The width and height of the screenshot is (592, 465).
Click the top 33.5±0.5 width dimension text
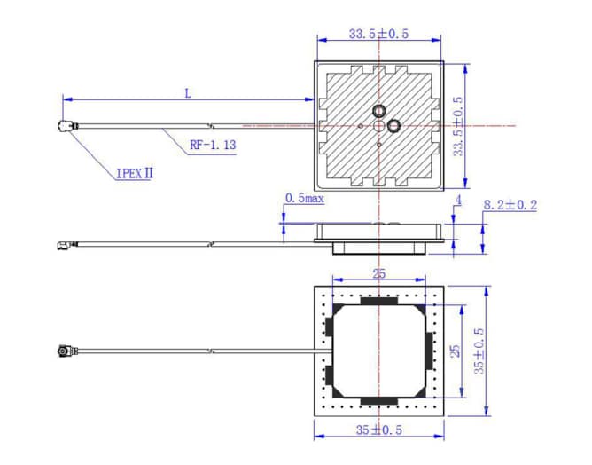(x=378, y=35)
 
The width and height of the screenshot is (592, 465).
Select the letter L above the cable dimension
(x=187, y=92)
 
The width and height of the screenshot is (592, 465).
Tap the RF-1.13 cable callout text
(x=212, y=144)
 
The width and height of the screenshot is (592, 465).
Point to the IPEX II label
(x=134, y=173)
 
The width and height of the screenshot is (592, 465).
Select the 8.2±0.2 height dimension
(x=510, y=205)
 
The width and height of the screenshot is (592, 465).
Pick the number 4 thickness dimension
(x=458, y=201)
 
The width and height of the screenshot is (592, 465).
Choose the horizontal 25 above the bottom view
(x=378, y=274)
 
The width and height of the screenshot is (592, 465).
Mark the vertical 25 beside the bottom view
(x=456, y=351)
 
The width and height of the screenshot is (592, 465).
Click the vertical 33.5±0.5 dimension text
(x=457, y=126)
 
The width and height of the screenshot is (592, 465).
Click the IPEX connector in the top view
(x=65, y=129)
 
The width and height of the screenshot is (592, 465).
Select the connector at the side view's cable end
(x=64, y=244)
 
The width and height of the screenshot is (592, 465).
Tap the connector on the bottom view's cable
(x=64, y=352)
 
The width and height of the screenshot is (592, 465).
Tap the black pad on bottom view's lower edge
(x=378, y=400)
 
